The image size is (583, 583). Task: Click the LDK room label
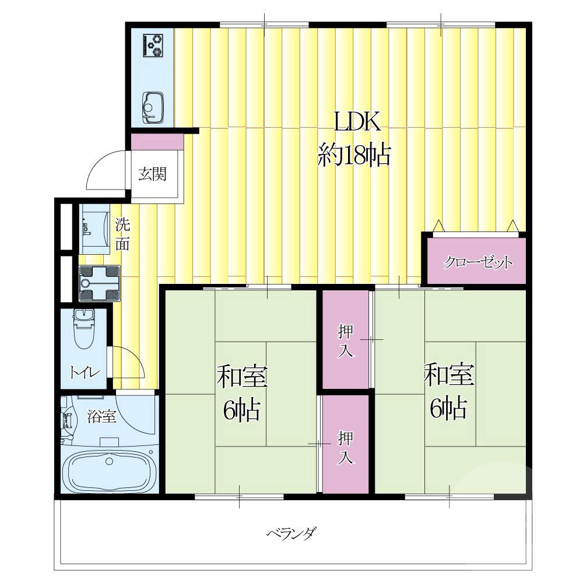357,122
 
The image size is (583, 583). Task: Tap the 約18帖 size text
354,155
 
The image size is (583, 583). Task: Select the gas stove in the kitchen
153,45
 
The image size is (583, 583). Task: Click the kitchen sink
153,107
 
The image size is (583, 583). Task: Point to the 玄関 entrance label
152,174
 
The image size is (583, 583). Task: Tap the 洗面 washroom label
122,234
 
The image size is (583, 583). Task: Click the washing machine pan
99,283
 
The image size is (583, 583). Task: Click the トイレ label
85,372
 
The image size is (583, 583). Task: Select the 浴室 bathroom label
101,416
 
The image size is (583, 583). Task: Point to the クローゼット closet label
477,264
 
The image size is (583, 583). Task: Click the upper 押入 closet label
345,341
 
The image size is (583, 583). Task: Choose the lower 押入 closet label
345,448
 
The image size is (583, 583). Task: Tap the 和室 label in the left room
242,376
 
